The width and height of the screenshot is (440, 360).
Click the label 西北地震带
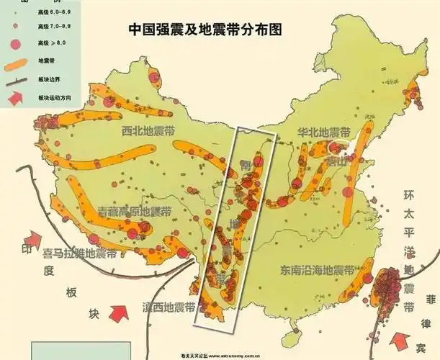(x=148, y=132)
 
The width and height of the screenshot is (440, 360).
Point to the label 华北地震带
(x=323, y=133)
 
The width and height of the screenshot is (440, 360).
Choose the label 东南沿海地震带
(x=318, y=271)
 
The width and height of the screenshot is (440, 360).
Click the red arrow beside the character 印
(x=34, y=240)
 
